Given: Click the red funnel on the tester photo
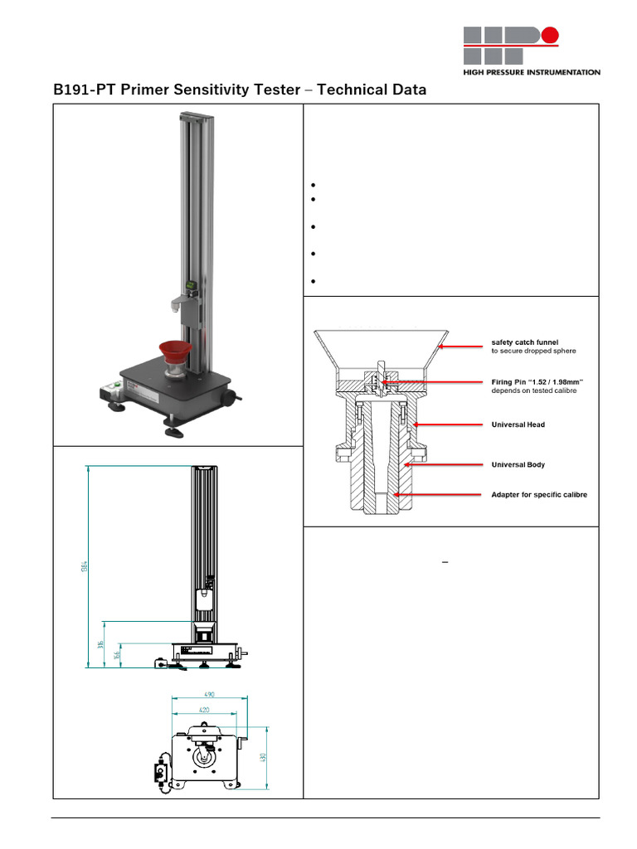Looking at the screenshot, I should click(x=177, y=352).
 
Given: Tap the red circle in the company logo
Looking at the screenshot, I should click(x=549, y=36).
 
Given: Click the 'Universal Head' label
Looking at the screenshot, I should click(x=518, y=424).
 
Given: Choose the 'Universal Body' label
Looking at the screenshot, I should click(x=518, y=465).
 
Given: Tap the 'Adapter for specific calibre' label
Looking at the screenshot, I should click(x=539, y=495).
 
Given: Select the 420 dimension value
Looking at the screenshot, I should click(x=203, y=711).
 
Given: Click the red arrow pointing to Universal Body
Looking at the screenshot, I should click(x=444, y=465).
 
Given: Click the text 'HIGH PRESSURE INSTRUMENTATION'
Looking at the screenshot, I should click(x=532, y=73).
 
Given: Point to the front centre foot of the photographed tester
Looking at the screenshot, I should click(x=174, y=430).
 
